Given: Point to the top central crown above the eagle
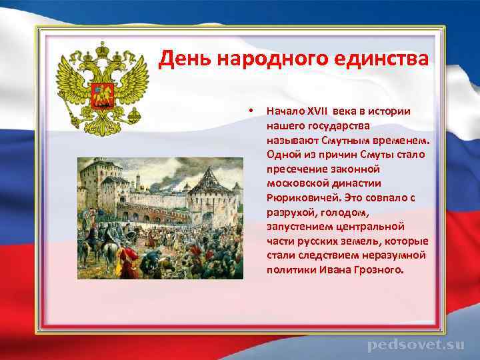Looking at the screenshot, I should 102,49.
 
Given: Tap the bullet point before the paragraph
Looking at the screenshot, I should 249,110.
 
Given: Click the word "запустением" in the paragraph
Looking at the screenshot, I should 297,227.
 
